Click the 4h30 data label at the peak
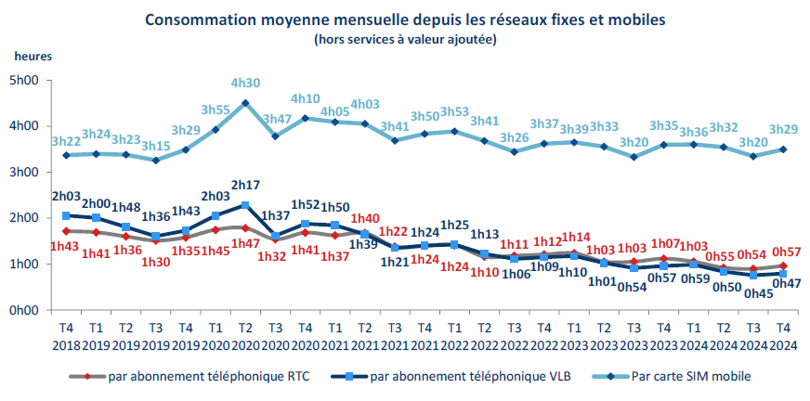tap(244, 82)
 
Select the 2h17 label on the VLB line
tap(244, 186)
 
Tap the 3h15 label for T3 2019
tap(155, 146)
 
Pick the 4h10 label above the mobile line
tap(305, 97)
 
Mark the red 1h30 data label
tap(155, 261)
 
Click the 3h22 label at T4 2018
tap(66, 141)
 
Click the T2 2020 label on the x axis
tap(244, 335)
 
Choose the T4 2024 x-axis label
tap(782, 335)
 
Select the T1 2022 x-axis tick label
tap(453, 335)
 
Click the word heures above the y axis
tap(33, 55)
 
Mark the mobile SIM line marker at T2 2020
tap(244, 103)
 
